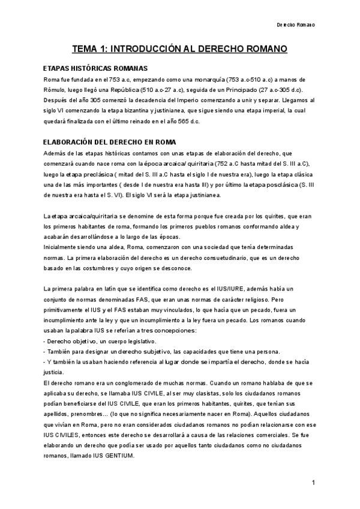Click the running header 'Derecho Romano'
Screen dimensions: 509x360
295,25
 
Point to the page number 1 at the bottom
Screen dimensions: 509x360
314,483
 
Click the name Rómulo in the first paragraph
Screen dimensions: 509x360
57,90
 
